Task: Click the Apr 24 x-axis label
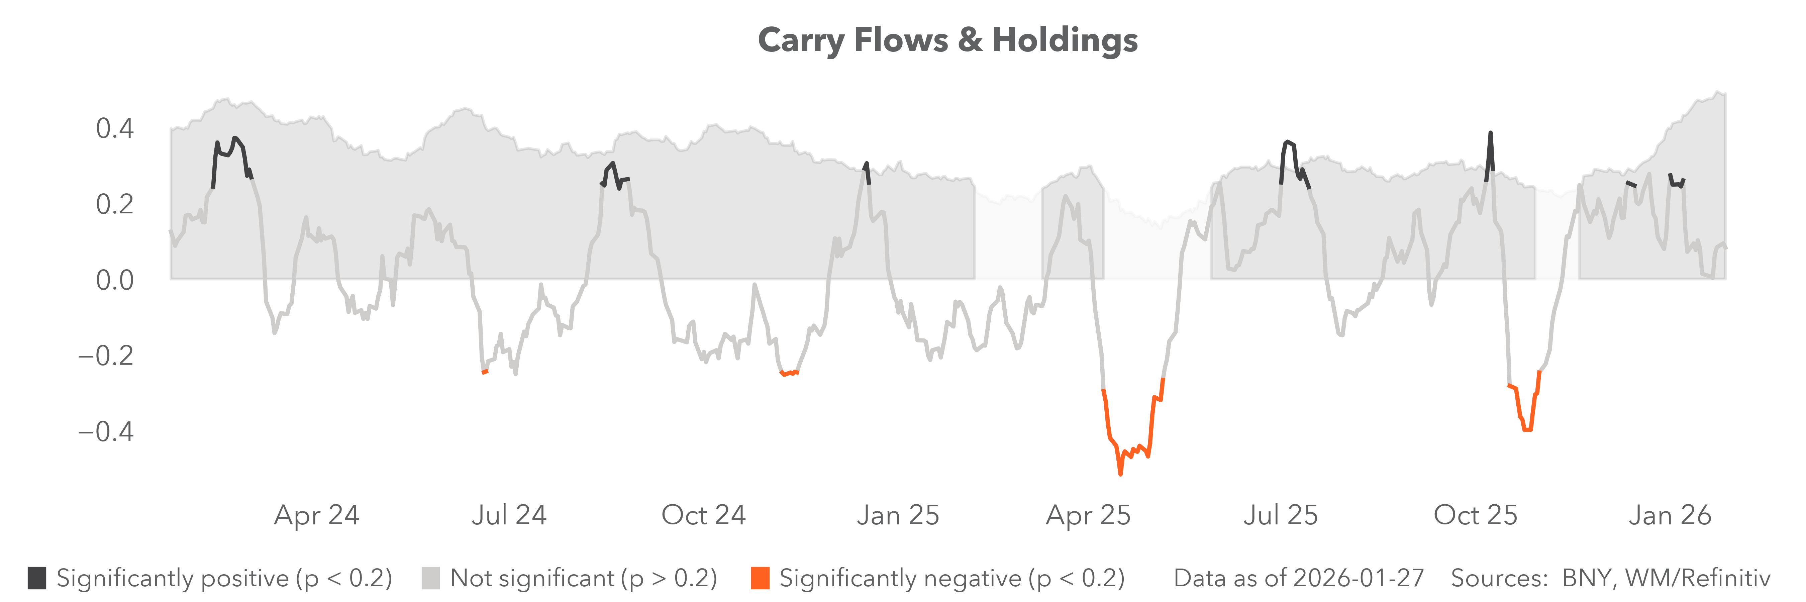317,515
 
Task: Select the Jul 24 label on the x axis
509,515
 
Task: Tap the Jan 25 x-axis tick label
898,515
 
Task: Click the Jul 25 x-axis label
1281,515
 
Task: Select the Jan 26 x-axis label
1670,515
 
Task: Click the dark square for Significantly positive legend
37,578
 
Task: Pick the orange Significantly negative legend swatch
760,578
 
